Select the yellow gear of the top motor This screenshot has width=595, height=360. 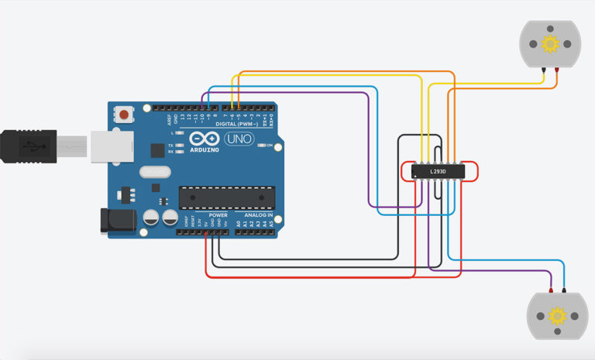(550, 44)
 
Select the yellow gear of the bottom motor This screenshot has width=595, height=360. (556, 316)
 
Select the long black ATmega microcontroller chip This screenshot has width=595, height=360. (227, 198)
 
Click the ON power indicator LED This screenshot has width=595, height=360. (261, 145)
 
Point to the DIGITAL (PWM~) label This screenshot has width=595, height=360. (236, 124)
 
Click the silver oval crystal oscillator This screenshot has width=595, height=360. (154, 171)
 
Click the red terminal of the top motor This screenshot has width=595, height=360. (557, 71)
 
